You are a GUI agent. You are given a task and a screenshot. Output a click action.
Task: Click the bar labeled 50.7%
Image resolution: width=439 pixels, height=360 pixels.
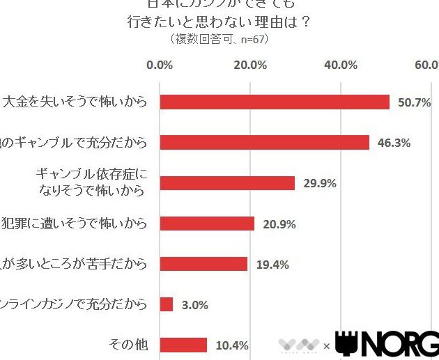coord(275,102)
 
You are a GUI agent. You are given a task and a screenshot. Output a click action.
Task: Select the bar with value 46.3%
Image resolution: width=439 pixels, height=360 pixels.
coord(265,142)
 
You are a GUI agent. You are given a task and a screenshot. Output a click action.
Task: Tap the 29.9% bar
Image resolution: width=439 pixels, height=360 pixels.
coord(227,183)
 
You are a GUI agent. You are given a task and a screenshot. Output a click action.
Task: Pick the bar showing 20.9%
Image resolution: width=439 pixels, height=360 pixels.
coord(207,224)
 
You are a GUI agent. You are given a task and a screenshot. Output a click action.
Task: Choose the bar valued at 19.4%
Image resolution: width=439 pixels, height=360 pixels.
coord(203,264)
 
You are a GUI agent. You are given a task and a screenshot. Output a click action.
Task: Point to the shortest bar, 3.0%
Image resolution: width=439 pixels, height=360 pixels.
coord(167,304)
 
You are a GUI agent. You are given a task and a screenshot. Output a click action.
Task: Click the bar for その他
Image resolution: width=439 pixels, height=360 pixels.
coord(183,345)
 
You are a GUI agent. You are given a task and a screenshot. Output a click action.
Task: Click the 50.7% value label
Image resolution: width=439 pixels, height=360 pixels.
coord(414,102)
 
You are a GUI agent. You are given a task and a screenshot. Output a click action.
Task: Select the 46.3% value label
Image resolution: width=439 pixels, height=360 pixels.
coord(394,143)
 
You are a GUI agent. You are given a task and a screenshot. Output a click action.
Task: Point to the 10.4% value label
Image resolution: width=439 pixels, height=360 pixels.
coord(232,345)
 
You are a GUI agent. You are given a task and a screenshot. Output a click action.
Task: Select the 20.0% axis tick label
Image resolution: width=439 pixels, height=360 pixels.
coord(250,65)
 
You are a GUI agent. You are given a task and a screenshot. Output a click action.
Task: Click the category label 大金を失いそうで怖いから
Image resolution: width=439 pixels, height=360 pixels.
coord(75,102)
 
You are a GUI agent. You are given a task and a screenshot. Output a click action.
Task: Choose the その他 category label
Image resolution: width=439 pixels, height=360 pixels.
coord(129,345)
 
